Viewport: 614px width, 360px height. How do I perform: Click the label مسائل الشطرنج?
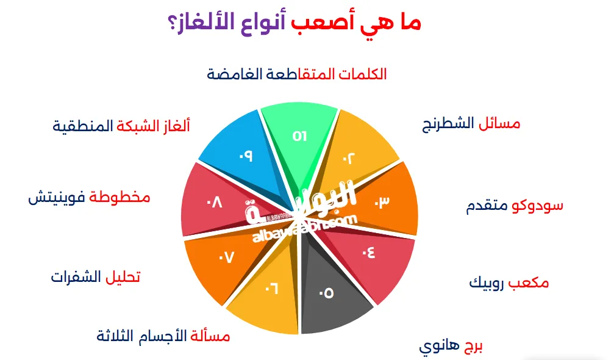click(471, 124)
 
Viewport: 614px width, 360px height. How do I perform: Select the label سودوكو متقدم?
click(514, 206)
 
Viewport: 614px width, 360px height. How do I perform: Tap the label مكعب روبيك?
click(509, 283)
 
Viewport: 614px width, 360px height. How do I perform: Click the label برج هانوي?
click(451, 347)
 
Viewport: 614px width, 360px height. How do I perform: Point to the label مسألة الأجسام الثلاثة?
click(163, 336)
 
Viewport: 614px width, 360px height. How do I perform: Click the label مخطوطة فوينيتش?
click(89, 198)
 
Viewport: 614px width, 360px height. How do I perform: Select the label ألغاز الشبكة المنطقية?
click(121, 126)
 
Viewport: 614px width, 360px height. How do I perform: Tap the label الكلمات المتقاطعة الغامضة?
click(296, 74)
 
